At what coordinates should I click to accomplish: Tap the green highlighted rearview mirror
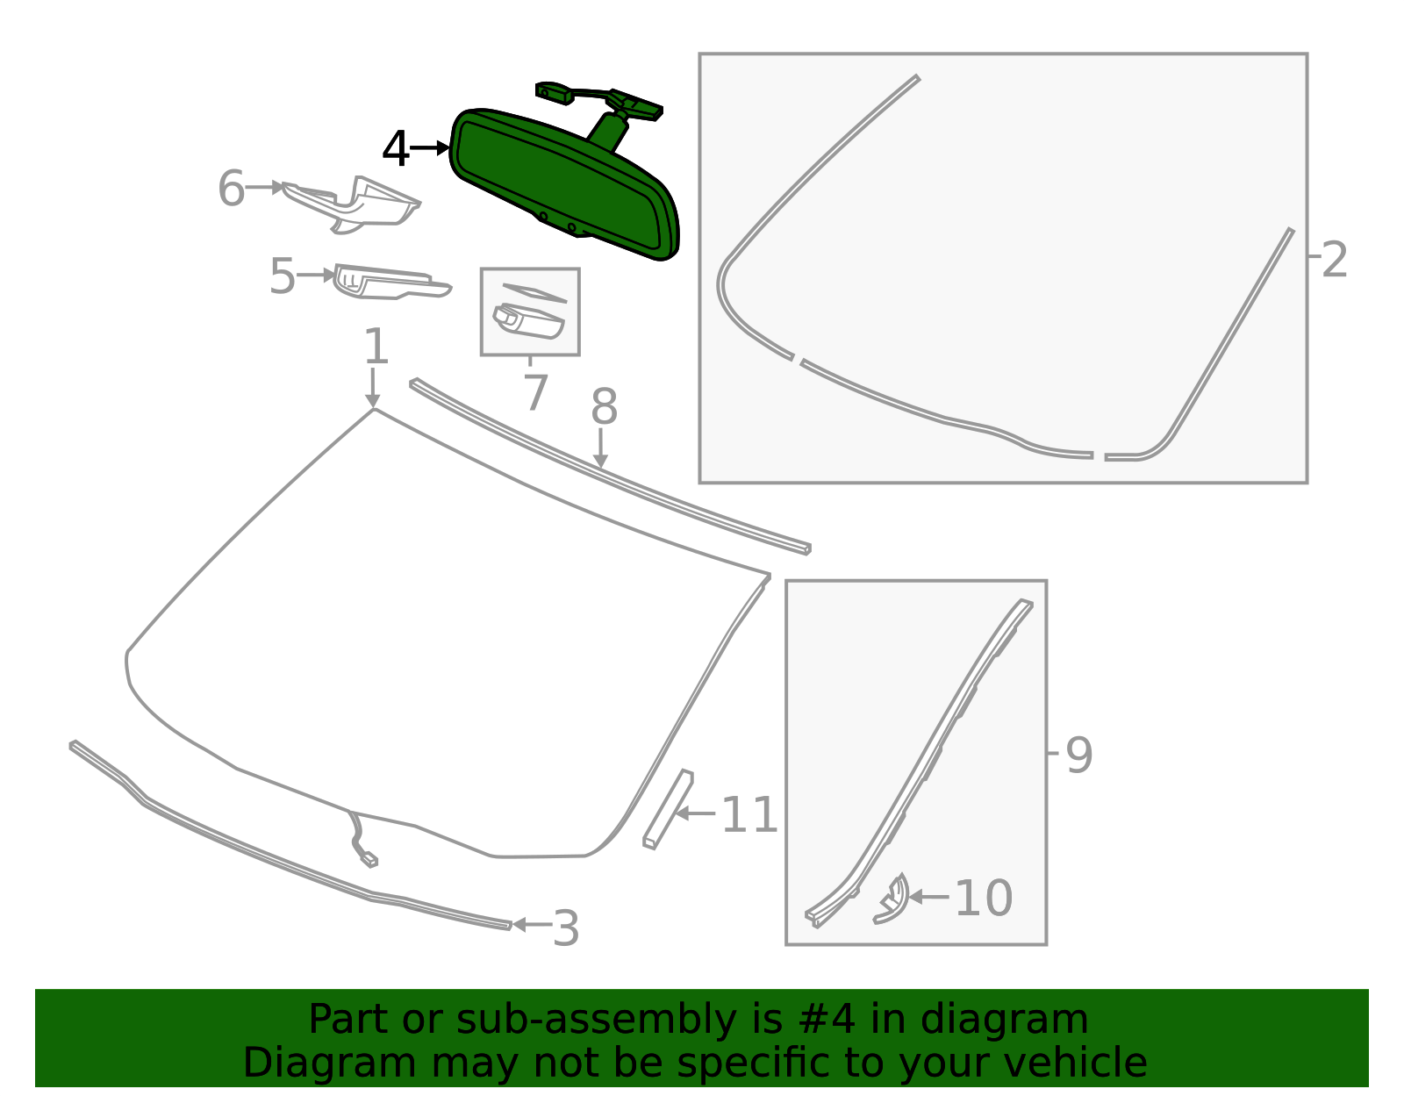[562, 184]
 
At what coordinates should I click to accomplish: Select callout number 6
[231, 189]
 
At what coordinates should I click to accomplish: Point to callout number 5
[282, 276]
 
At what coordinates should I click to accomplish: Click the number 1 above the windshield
[376, 347]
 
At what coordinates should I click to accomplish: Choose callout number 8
[604, 408]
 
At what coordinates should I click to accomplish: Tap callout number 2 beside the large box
[1334, 260]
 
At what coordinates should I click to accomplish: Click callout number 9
[1078, 754]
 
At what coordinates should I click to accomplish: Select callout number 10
[983, 898]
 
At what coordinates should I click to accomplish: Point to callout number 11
[749, 815]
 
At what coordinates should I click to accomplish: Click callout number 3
[566, 928]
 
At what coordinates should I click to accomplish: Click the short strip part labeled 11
[669, 808]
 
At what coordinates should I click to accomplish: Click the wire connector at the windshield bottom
[369, 859]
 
